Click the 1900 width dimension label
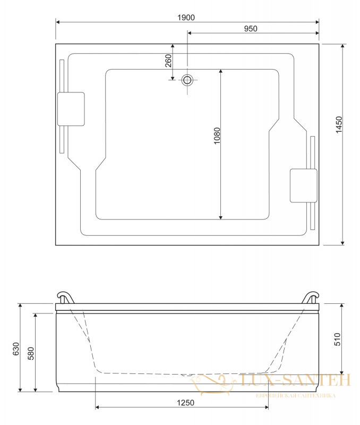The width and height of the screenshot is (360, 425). click(x=186, y=18)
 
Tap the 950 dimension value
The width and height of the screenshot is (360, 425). click(x=251, y=29)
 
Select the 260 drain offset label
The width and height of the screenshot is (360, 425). click(x=168, y=61)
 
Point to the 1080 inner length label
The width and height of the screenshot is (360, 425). click(x=217, y=135)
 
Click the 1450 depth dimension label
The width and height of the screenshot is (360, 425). click(x=339, y=125)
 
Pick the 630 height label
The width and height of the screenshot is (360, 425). click(x=16, y=349)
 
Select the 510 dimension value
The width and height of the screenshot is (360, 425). click(x=338, y=339)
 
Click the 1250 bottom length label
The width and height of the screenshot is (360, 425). click(x=185, y=403)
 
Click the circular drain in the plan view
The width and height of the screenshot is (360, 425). click(x=187, y=80)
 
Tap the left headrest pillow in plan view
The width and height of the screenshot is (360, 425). click(x=71, y=109)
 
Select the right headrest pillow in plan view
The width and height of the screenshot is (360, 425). click(x=303, y=185)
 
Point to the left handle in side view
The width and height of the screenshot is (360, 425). click(x=65, y=297)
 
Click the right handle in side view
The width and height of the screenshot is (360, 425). click(x=311, y=297)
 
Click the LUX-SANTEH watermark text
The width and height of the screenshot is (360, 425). click(x=295, y=380)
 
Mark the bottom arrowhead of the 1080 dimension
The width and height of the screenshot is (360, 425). click(x=221, y=217)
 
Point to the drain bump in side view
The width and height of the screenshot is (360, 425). click(x=186, y=375)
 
